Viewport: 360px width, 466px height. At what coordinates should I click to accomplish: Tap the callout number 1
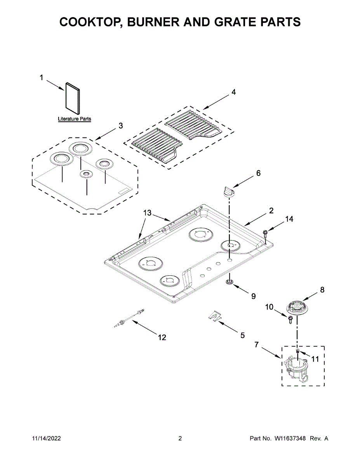coord(42,78)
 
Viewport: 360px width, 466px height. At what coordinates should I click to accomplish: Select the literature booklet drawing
coord(72,97)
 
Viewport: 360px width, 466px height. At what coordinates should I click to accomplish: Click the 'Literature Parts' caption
coord(74,119)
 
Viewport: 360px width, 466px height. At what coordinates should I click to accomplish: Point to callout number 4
coord(233,92)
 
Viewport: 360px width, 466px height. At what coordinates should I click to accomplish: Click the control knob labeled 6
coord(228,191)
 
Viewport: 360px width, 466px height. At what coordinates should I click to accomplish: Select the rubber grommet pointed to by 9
coord(230,282)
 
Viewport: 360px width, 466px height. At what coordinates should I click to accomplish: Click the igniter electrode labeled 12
coord(129,317)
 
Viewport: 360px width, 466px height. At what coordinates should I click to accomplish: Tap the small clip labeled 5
coord(214,316)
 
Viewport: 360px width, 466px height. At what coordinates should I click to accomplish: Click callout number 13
coord(147,213)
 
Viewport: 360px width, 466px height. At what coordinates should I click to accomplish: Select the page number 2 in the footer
coord(180,438)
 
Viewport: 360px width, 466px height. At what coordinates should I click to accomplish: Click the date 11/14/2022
coord(46,438)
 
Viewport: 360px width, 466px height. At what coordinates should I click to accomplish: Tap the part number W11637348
coord(290,438)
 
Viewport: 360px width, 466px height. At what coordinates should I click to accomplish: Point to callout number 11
coord(315,359)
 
